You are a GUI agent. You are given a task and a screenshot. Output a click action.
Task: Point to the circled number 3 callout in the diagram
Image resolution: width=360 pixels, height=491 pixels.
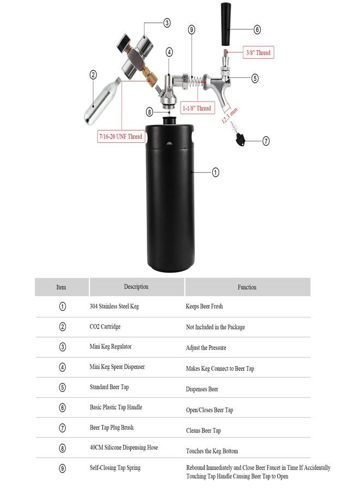167,23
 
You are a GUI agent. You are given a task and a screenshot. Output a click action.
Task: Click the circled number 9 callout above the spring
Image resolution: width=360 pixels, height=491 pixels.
191,29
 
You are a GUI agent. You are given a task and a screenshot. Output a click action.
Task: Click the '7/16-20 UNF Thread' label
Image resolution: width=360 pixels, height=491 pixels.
121,137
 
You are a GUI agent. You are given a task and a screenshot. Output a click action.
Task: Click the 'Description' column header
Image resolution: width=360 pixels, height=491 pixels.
136,287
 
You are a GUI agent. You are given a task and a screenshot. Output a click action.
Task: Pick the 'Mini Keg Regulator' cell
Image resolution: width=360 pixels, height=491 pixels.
110,346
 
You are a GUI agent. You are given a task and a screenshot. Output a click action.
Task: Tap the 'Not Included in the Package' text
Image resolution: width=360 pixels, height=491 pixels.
215,327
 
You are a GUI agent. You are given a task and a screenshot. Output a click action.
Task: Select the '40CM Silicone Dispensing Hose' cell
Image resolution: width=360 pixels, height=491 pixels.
124,448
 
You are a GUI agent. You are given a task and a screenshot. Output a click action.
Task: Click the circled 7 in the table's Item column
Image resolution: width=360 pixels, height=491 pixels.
62,428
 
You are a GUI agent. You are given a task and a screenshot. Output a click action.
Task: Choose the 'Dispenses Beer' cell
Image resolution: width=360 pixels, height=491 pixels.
202,390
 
